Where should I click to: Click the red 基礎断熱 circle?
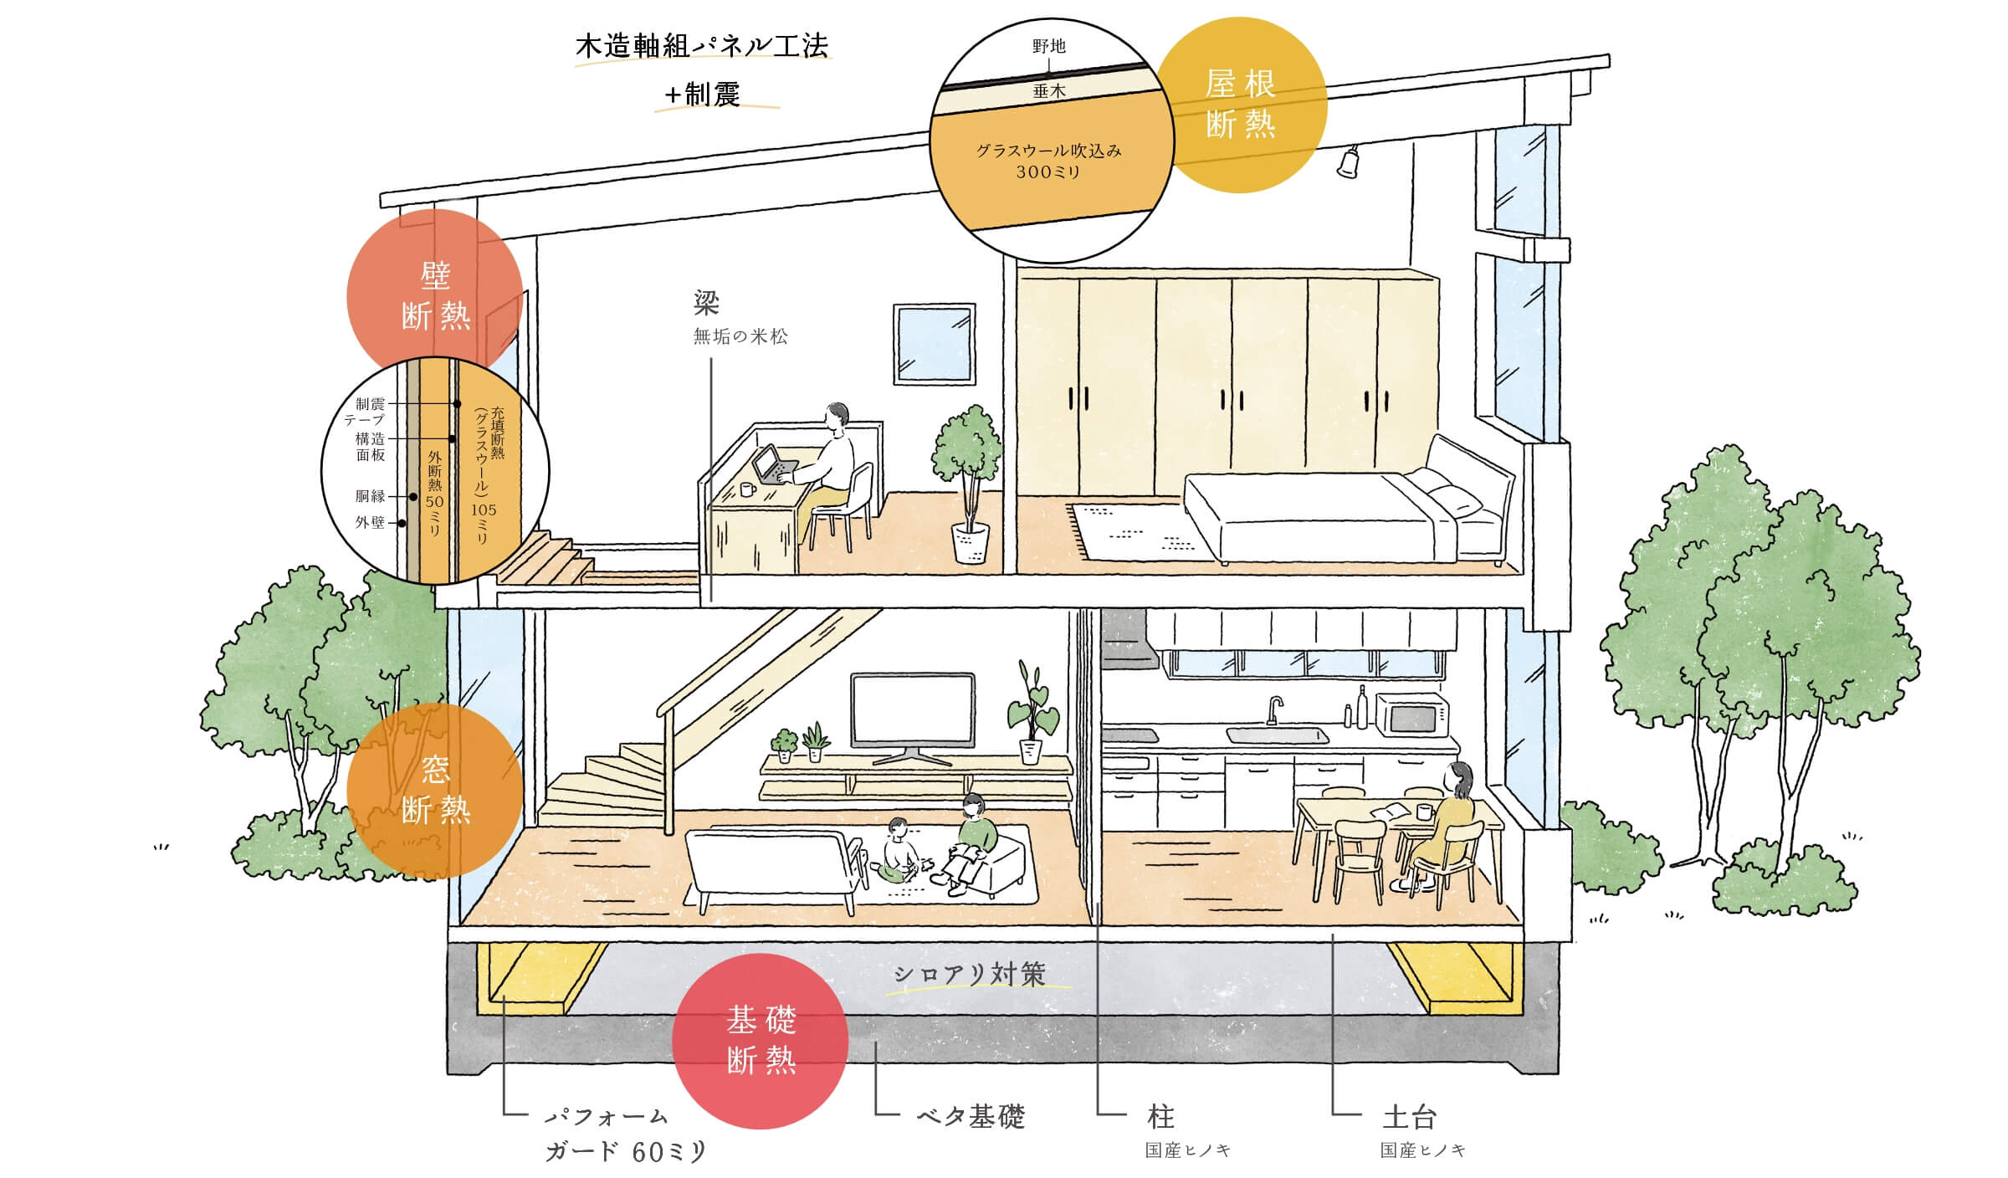coord(760,1041)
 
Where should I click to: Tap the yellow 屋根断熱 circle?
coord(1240,105)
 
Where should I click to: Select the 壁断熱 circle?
coord(434,295)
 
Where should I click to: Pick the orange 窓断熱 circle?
coord(434,790)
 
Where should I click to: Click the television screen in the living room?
coord(912,709)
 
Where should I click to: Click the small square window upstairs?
coord(935,344)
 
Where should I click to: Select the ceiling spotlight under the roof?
coord(1346,162)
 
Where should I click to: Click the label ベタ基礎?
coord(971,1116)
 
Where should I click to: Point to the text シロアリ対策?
coord(970,974)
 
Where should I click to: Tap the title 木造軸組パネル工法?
coord(701,46)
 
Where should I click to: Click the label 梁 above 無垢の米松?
coord(706,303)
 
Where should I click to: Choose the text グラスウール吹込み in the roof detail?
coord(1048,151)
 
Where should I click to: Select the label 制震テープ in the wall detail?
coord(367,412)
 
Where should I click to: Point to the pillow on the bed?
coord(1456,499)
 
